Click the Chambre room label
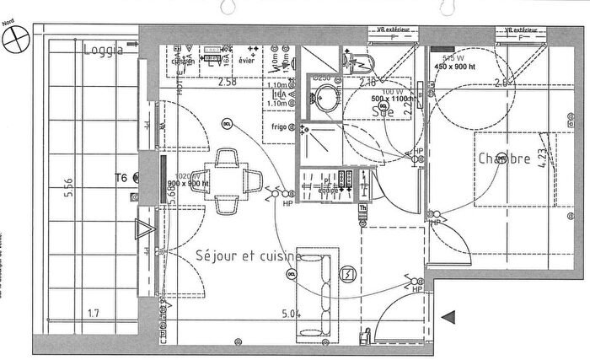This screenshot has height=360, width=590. click(504, 159)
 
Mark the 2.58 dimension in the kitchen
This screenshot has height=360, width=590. click(227, 83)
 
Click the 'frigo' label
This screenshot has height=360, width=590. click(272, 128)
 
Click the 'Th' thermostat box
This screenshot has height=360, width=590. click(363, 208)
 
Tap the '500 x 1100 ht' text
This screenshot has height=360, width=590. click(387, 99)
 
